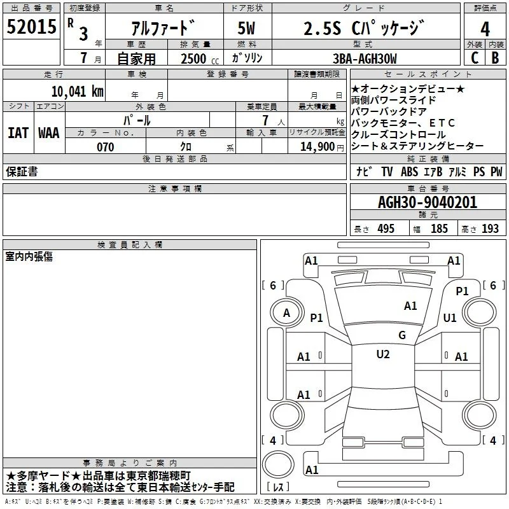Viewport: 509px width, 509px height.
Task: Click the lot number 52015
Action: point(31,27)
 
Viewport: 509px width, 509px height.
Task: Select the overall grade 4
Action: point(485,29)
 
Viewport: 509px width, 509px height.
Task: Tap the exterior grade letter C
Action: point(475,58)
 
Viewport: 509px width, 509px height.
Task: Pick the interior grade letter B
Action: point(495,58)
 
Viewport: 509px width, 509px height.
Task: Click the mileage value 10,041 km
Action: point(78,92)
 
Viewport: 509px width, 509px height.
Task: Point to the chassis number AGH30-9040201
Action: point(428,202)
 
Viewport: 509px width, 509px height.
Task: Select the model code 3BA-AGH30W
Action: point(365,59)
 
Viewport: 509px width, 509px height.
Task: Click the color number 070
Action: point(106,147)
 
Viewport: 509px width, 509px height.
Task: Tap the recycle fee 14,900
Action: point(317,147)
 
